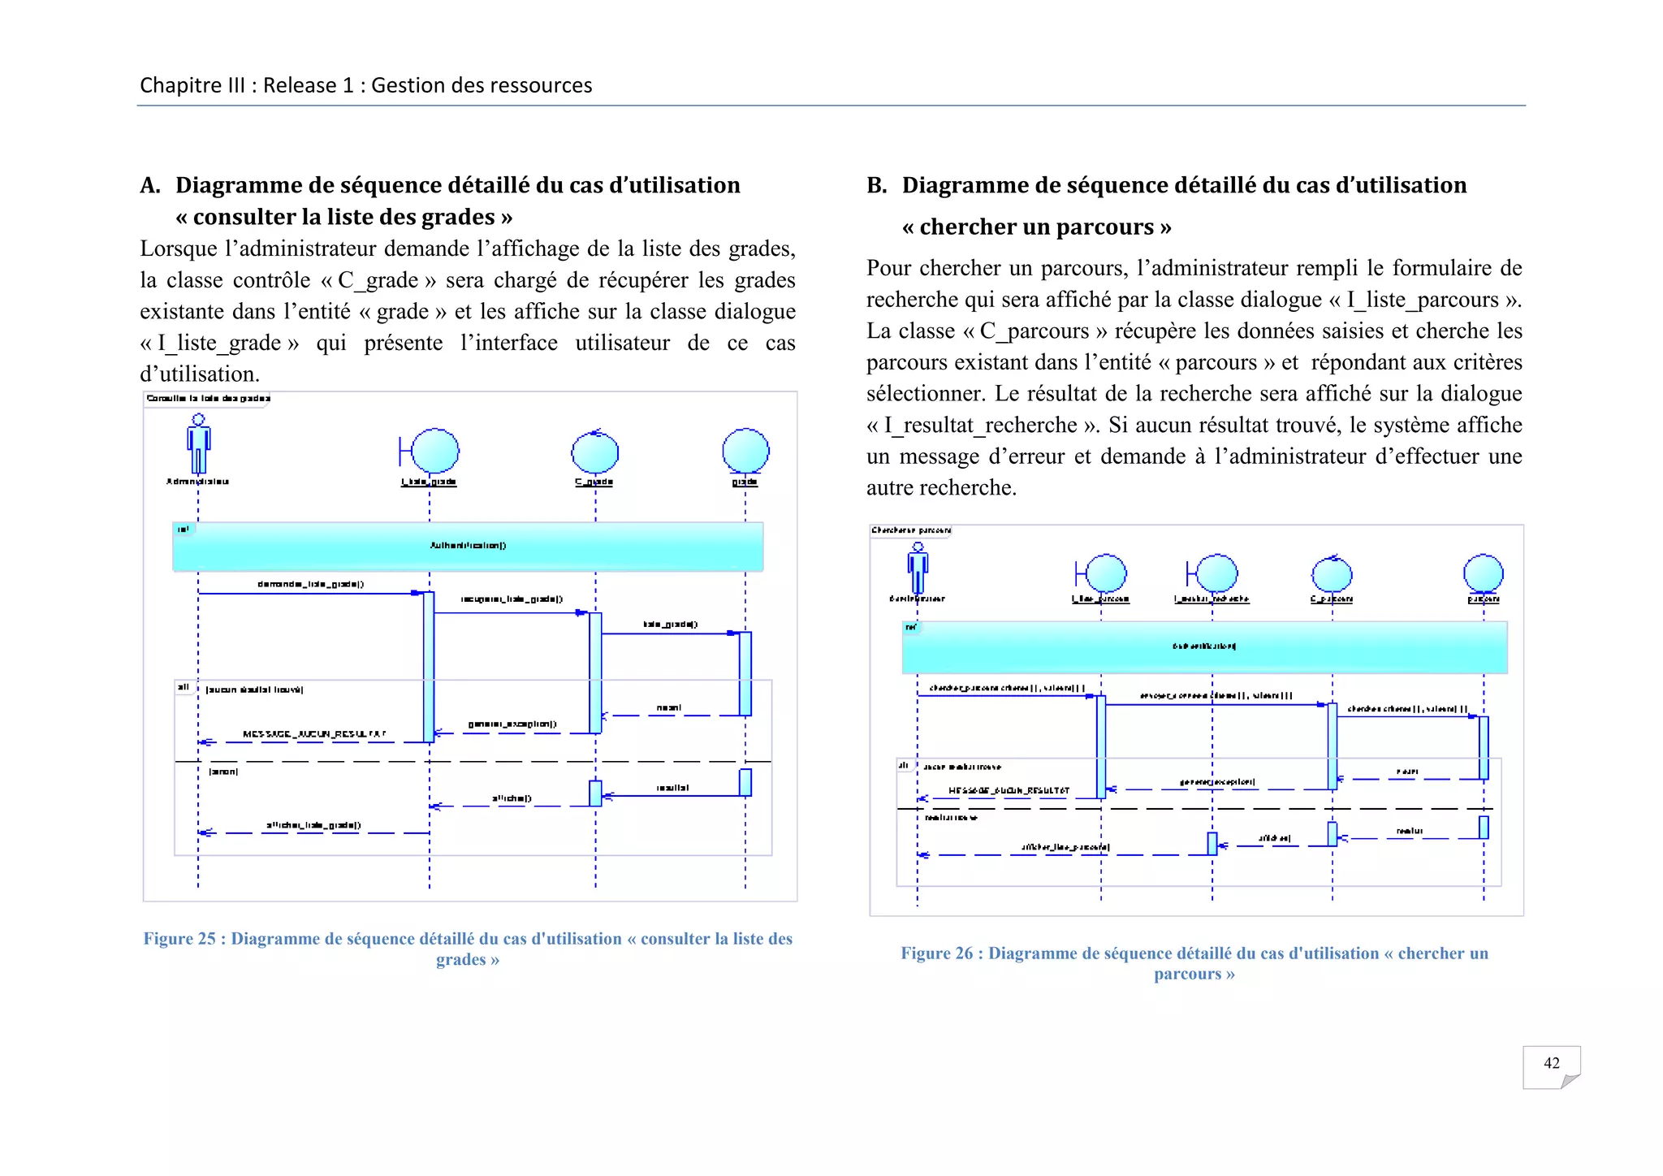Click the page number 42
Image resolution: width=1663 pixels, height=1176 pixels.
[1551, 1063]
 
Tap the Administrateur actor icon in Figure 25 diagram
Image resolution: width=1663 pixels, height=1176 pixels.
[198, 444]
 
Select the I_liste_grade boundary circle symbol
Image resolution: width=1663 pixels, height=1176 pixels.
[434, 451]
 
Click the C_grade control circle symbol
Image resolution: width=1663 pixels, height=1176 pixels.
[594, 452]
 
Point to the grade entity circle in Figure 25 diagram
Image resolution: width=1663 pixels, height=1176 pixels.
[745, 451]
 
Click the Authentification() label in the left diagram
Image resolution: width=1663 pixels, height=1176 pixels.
[468, 546]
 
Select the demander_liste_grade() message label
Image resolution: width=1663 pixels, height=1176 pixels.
[310, 584]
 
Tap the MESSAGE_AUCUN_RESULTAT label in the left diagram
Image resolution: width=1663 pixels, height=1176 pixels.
[314, 734]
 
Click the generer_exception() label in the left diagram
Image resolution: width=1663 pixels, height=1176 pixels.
[512, 724]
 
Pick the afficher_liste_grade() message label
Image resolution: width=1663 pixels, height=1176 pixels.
[313, 825]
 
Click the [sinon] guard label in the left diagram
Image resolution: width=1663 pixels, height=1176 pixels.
[223, 772]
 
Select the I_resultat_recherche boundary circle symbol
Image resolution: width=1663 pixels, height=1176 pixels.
[1216, 573]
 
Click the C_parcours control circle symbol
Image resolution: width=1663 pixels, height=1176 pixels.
[1332, 575]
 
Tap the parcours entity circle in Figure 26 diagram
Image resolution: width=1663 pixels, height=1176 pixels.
[1483, 573]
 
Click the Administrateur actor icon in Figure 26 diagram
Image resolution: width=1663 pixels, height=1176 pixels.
[918, 568]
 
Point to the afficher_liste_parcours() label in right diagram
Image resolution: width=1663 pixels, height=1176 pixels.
[1065, 847]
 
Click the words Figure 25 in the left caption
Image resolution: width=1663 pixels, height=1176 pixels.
[179, 939]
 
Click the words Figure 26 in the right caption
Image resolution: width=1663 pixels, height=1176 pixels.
[936, 953]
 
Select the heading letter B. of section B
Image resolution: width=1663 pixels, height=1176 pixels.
[876, 186]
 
